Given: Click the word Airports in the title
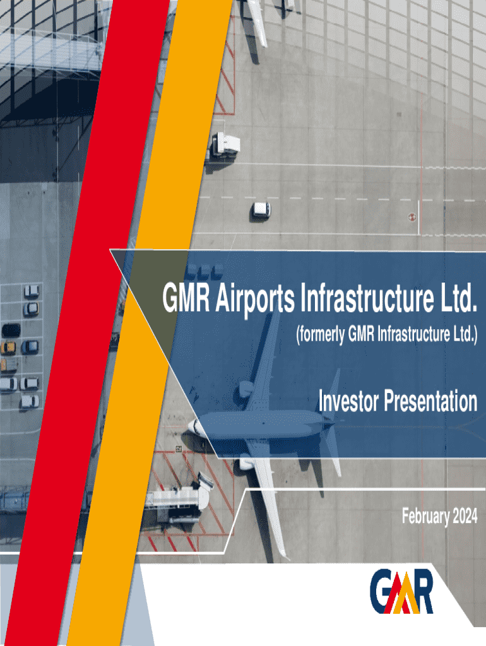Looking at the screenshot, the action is point(255,298).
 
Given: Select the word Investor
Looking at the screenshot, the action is point(348,401).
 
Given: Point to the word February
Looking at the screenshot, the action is point(425,517).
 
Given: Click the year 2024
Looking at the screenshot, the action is point(465,516).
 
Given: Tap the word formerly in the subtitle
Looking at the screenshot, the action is point(320,334).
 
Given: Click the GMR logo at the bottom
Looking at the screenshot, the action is point(401,591).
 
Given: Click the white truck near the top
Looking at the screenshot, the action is point(225,145).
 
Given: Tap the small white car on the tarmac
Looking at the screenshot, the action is point(261,209).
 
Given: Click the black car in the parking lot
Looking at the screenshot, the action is point(11,330).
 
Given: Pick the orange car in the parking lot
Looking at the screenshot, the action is point(8,348).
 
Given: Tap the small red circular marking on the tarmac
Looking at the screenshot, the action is point(412,217).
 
